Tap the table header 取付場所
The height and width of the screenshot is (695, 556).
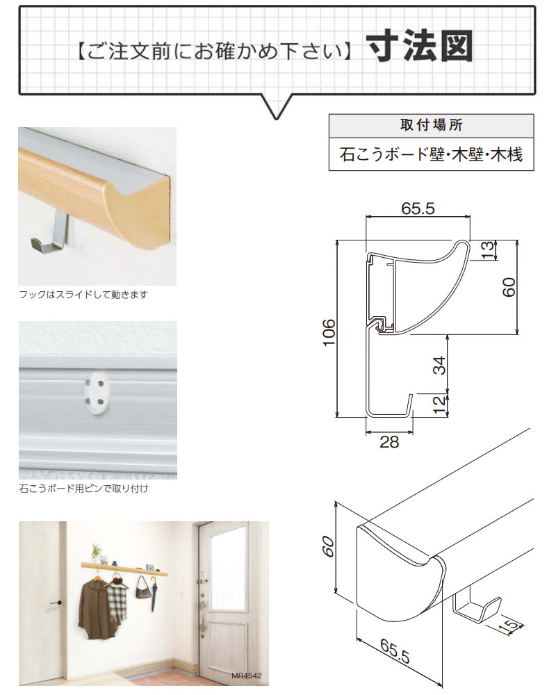click(431, 125)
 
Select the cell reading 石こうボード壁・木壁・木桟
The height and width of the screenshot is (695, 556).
click(431, 154)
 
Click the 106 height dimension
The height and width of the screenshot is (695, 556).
click(329, 332)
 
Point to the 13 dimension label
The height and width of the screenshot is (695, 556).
click(486, 250)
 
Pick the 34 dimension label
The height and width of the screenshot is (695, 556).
click(439, 366)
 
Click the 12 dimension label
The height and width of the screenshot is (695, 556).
click(439, 404)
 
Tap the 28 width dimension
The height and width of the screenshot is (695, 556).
click(389, 442)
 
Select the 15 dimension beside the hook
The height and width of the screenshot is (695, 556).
click(509, 625)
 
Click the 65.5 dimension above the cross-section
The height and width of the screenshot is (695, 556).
click(418, 208)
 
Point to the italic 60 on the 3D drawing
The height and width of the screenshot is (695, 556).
click(327, 546)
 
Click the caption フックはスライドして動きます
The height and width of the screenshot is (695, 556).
click(83, 295)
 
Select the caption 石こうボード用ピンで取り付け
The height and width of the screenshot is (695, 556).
click(84, 489)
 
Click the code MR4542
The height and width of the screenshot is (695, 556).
click(247, 676)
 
